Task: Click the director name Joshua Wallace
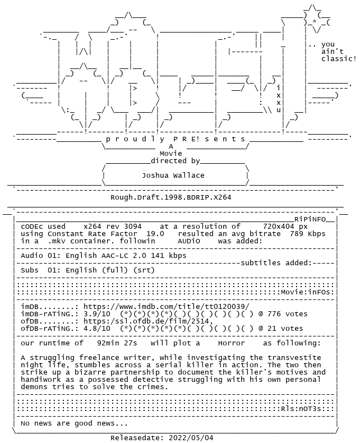[x=173, y=176]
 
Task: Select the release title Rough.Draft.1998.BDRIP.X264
[x=171, y=197]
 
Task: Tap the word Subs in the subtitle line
[x=30, y=270]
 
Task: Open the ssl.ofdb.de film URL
[x=148, y=321]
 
